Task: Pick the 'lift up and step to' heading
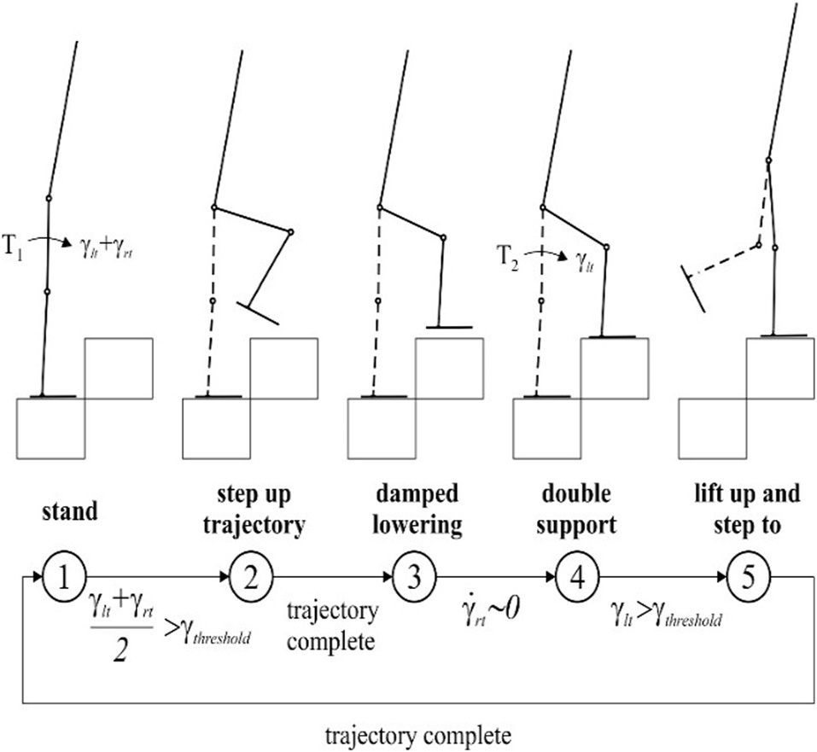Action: click(748, 510)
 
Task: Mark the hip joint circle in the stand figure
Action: click(49, 198)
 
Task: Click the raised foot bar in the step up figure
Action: click(258, 314)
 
